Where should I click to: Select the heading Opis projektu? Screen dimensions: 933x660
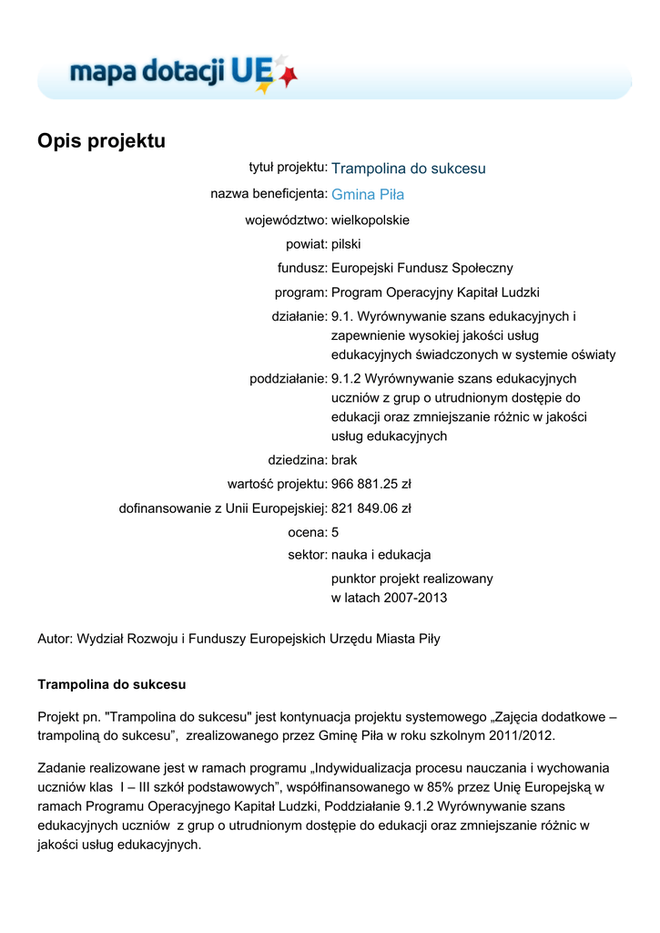101,141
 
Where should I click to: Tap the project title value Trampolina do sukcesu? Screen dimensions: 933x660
408,169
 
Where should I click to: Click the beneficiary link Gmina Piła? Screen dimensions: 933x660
368,194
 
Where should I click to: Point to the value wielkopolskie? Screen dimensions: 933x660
371,220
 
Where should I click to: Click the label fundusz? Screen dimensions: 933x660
302,268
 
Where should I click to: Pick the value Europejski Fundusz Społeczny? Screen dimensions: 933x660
422,268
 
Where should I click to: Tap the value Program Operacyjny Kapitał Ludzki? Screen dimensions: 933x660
435,292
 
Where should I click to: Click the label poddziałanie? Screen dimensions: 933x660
289,378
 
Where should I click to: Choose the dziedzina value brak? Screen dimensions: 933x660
346,460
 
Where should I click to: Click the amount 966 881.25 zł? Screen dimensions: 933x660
371,484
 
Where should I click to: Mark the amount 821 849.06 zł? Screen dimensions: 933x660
371,508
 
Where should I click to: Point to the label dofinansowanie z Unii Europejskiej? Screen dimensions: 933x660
223,508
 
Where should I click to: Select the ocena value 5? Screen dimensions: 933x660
335,532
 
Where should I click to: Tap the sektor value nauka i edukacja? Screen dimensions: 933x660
381,554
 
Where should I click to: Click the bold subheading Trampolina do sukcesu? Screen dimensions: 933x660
112,683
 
